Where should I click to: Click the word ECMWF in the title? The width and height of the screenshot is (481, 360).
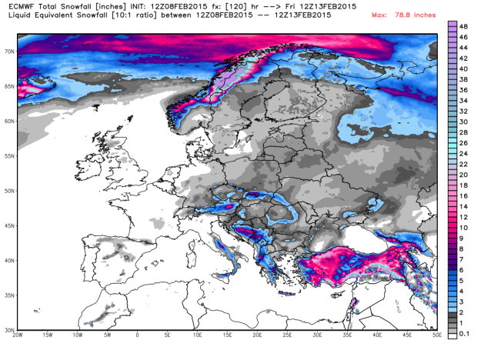[15, 6]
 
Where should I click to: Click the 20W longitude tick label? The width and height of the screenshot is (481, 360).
[17, 336]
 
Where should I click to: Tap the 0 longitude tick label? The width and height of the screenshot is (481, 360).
[137, 336]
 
